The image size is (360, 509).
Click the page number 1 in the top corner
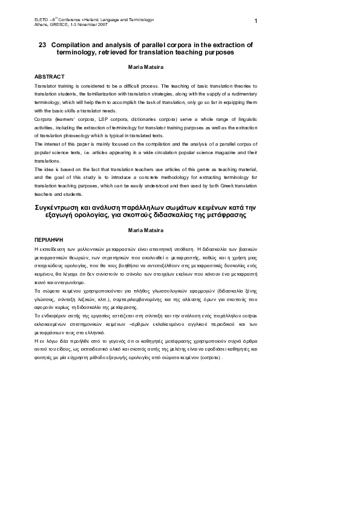point(256,22)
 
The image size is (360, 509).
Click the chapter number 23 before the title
point(42,45)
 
